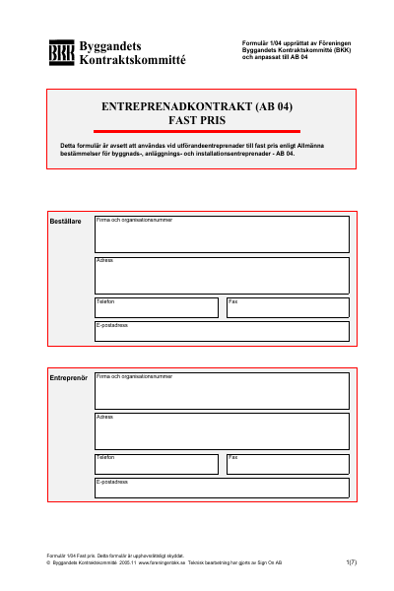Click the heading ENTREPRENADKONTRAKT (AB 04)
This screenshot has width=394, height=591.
coord(198,106)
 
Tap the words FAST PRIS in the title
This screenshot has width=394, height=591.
coord(197,119)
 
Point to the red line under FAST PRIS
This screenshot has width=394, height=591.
coord(197,130)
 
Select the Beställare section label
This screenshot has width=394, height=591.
coord(65,222)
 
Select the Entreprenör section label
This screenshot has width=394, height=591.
coord(68,378)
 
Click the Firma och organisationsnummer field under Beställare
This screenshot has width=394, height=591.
coord(222,234)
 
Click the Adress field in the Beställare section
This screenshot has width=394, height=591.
coord(222,276)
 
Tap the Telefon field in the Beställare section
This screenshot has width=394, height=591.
coord(156,308)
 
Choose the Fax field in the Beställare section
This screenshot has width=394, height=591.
coord(288,308)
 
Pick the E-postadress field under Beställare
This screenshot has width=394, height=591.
coord(222,332)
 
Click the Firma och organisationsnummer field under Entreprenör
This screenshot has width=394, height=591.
coord(222,391)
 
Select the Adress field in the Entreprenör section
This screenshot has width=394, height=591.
coord(222,431)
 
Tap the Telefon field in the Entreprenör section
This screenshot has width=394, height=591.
coord(156,464)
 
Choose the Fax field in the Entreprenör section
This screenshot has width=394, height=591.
coord(288,464)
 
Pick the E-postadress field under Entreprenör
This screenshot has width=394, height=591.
coord(222,488)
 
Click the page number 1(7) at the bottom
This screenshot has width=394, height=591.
coord(352,562)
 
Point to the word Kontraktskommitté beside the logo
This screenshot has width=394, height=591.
coord(131,59)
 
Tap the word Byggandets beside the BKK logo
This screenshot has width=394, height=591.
coord(108,45)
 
